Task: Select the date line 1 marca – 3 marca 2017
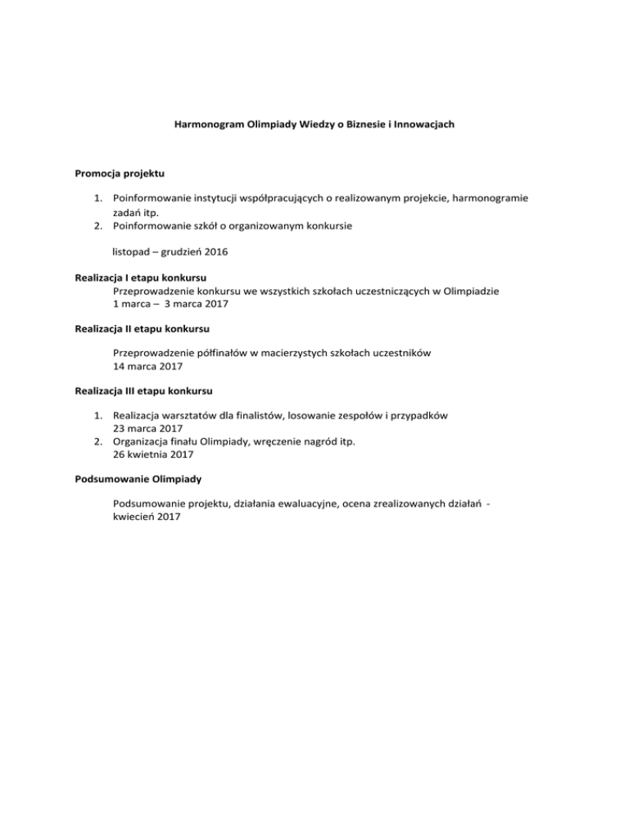(x=170, y=304)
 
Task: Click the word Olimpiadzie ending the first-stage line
(x=470, y=291)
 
